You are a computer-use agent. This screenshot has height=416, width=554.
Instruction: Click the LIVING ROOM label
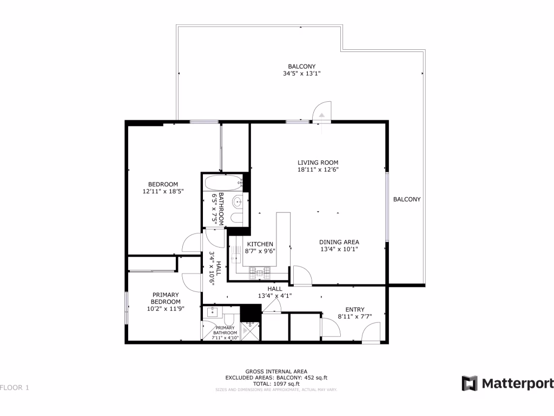[318, 162]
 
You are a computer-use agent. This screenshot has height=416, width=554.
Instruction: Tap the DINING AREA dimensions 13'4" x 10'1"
[339, 249]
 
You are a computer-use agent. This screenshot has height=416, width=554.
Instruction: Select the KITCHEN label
[260, 244]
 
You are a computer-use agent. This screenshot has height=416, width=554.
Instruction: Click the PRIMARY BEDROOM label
[165, 298]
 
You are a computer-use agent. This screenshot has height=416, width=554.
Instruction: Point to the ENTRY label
[355, 309]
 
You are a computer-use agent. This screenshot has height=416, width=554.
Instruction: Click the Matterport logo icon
[470, 383]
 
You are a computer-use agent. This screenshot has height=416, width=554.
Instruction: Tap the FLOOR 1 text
[15, 387]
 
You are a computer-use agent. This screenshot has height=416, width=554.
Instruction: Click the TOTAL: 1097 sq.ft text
[276, 383]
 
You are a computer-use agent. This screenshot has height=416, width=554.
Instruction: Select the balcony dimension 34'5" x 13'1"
[301, 74]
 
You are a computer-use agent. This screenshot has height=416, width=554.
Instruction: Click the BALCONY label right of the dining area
[406, 199]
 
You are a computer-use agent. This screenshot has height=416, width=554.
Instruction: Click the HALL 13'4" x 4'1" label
[275, 292]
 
